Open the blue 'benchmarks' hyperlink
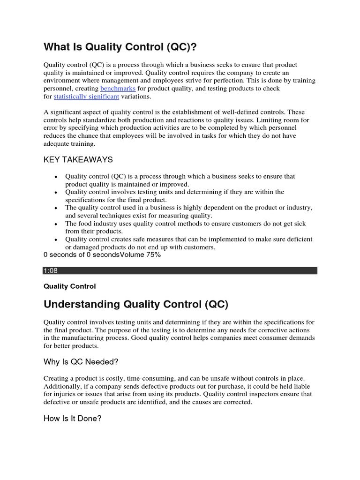[118, 89]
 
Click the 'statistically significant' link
[87, 97]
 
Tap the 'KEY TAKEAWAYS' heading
[78, 160]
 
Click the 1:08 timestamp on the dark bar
[50, 271]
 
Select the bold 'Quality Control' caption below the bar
[69, 286]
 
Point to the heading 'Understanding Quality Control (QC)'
[136, 305]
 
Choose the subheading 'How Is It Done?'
[73, 419]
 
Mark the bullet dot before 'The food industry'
[56, 225]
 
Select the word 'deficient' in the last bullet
[297, 240]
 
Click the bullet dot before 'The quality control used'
[56, 209]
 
